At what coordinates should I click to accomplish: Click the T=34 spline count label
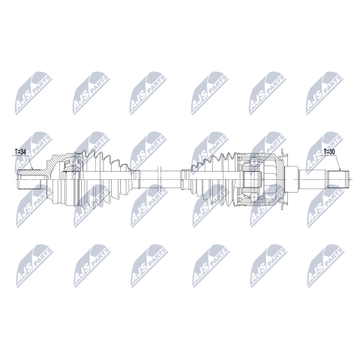click(x=20, y=151)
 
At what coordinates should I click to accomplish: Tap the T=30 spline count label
click(x=329, y=151)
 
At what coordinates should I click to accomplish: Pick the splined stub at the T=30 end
click(x=338, y=179)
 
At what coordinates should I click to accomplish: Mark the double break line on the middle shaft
click(x=159, y=179)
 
